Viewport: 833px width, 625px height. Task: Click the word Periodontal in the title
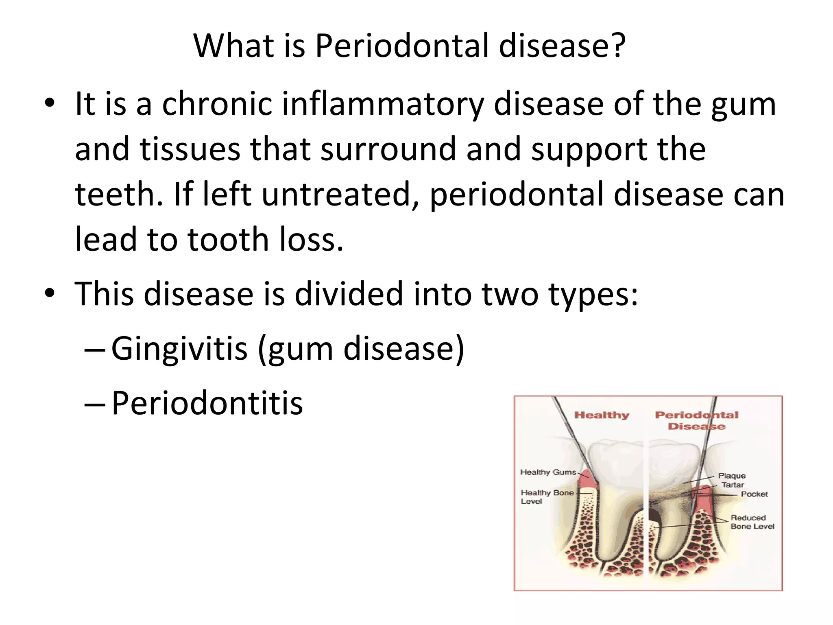tap(401, 46)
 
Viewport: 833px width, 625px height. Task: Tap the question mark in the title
tap(618, 46)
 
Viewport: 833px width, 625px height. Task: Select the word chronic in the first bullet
tap(217, 104)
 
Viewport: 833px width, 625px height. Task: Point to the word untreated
tap(340, 194)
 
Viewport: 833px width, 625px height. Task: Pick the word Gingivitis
tap(179, 348)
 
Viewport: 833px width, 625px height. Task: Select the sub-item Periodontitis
tap(207, 403)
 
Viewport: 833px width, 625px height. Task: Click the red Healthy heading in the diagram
tap(602, 415)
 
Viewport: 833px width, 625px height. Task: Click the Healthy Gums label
tap(548, 472)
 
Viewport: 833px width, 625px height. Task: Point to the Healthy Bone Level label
tap(547, 497)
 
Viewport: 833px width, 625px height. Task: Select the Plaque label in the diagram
tap(732, 475)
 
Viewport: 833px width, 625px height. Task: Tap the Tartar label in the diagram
tap(733, 485)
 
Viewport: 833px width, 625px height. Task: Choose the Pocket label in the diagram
tap(754, 494)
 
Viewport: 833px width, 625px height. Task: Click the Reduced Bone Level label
tap(752, 522)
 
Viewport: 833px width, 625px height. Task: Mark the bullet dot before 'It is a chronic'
tap(49, 103)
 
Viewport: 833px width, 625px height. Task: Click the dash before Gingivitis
tap(95, 350)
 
